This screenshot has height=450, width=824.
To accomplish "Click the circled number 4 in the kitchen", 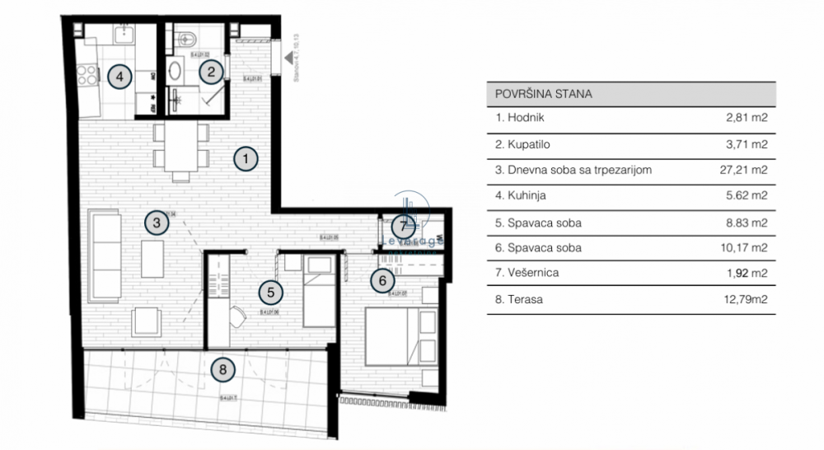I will click(120, 77).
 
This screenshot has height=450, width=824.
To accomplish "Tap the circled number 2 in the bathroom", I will click(211, 73).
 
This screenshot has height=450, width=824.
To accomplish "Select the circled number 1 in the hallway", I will click(245, 158).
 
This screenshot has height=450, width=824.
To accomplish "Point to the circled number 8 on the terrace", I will click(222, 370).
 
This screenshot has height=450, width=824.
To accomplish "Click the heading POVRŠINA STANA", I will click(544, 93).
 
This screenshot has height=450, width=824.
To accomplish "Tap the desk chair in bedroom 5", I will click(237, 316).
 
